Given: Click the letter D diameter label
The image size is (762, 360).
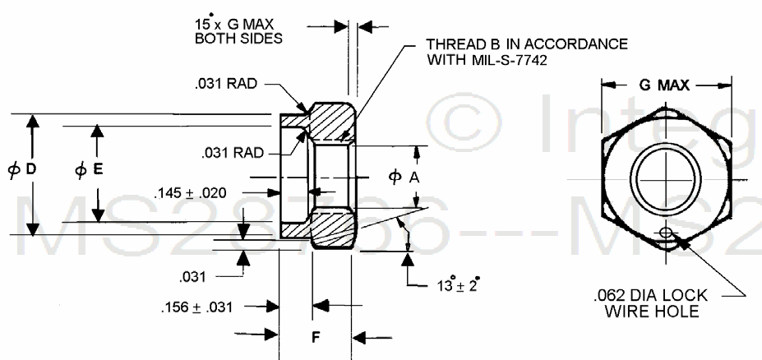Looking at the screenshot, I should pyautogui.click(x=30, y=169).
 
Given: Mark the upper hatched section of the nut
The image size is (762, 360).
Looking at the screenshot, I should pyautogui.click(x=333, y=122).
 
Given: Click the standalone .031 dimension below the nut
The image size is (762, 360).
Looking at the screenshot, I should pyautogui.click(x=196, y=276).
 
